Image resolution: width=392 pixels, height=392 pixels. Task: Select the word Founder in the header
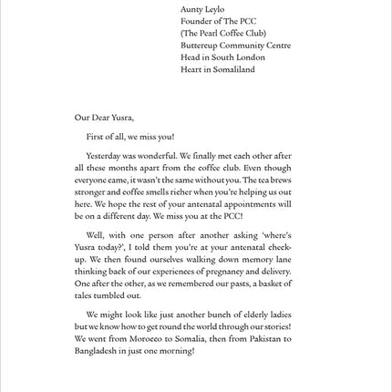coord(196,20)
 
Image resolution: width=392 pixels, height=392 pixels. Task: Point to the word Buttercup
coord(200,45)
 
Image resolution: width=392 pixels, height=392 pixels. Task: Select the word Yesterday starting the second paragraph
coord(102,156)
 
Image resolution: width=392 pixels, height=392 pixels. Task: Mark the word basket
coord(264,284)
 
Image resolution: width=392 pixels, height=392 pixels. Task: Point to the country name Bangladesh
coord(96,351)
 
